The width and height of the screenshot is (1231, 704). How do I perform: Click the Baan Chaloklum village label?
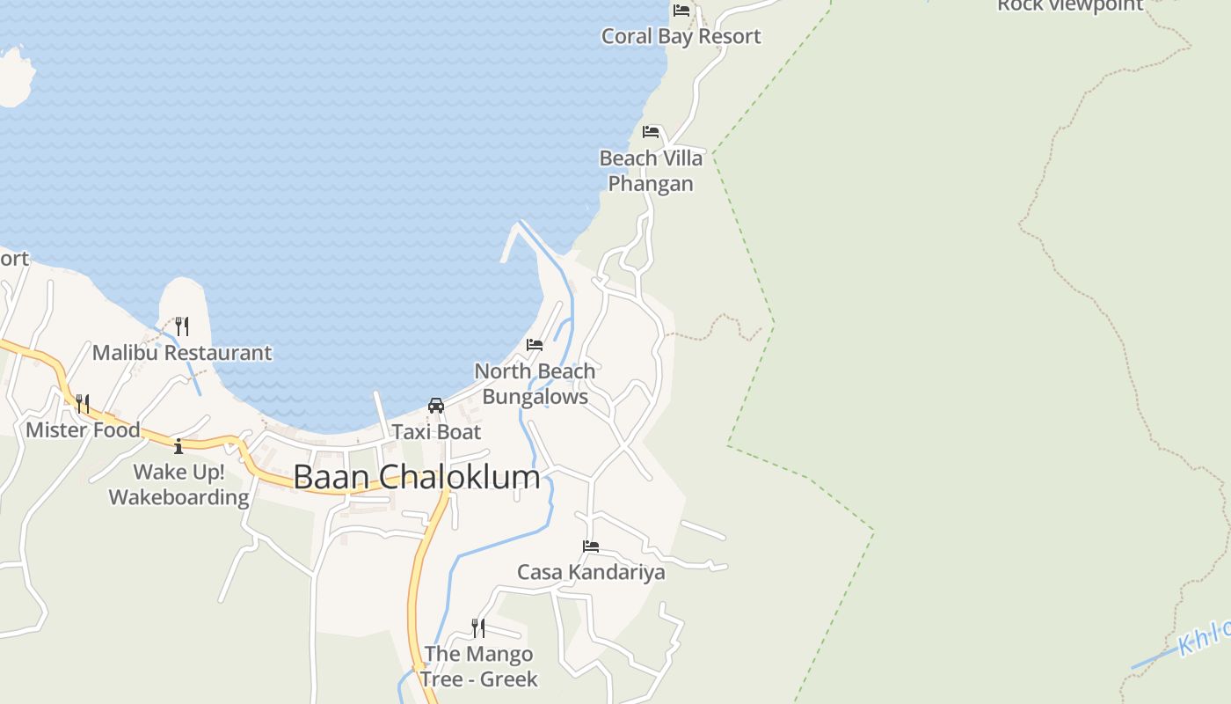[x=417, y=477]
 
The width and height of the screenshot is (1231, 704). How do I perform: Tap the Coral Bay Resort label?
[x=681, y=36]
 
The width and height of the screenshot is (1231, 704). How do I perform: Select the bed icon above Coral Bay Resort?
[x=681, y=11]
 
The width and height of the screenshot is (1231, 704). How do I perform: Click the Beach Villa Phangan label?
[x=651, y=171]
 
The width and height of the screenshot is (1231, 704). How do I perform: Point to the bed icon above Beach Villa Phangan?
[x=651, y=132]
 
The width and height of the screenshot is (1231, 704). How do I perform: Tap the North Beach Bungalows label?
[x=535, y=384]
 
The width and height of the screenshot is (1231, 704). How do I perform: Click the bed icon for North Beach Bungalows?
[x=535, y=344]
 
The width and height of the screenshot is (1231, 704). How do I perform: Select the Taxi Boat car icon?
[x=436, y=406]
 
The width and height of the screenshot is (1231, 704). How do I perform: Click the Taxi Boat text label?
[x=436, y=432]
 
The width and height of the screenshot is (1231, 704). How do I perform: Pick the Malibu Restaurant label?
[x=182, y=353]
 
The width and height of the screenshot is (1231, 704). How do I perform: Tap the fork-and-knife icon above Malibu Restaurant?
[x=182, y=326]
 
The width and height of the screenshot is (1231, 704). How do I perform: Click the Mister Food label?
[x=83, y=430]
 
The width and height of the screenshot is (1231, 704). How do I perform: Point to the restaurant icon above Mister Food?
[x=83, y=404]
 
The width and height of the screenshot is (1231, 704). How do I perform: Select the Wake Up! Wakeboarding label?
[x=179, y=485]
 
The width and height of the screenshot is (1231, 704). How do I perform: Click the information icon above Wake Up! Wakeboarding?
[x=178, y=446]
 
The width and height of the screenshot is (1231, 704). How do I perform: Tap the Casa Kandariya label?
[x=591, y=572]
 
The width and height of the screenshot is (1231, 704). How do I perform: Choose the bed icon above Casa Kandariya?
[x=591, y=546]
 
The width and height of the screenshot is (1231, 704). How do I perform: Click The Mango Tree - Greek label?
[x=478, y=666]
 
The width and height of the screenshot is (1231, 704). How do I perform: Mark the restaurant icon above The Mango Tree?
[x=478, y=627]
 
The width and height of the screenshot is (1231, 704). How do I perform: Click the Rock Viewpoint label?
[x=1069, y=5]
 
